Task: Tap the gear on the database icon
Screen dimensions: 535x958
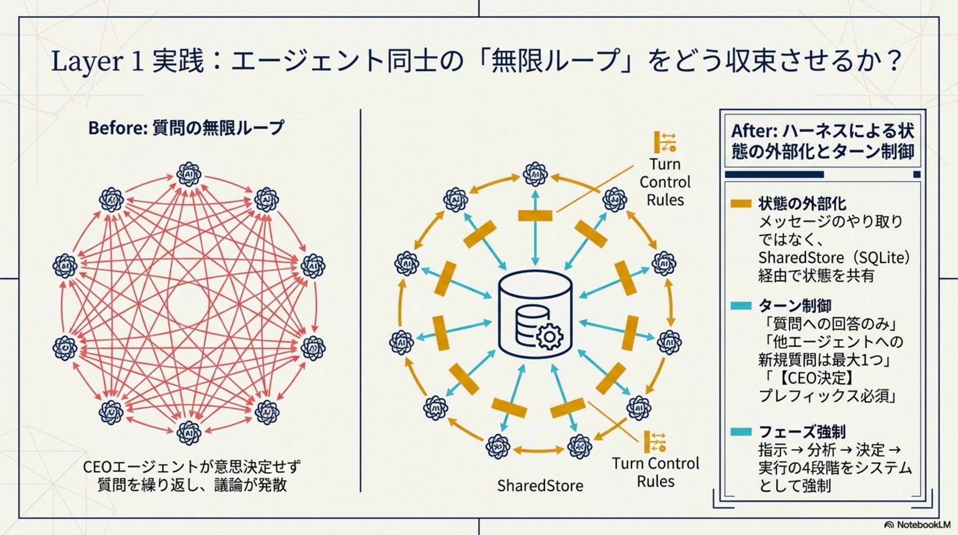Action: click(549, 337)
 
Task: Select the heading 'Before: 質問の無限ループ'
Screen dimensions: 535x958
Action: click(186, 128)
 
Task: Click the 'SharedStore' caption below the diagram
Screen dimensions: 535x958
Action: click(540, 486)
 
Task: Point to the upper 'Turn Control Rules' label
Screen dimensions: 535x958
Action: click(665, 182)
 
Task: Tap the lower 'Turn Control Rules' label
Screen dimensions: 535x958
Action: click(656, 472)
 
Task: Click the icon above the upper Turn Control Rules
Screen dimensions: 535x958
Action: click(665, 142)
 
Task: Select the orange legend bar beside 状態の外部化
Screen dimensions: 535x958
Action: click(740, 203)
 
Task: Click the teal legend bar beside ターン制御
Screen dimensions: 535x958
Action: click(740, 305)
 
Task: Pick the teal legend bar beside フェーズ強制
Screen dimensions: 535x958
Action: click(740, 432)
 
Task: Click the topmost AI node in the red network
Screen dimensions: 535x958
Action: click(189, 174)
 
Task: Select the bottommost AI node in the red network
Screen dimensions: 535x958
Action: click(189, 432)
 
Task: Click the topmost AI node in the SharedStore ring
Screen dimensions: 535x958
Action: click(535, 174)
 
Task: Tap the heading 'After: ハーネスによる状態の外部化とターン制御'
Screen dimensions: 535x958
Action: click(822, 141)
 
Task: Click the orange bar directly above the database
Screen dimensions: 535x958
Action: click(535, 216)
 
